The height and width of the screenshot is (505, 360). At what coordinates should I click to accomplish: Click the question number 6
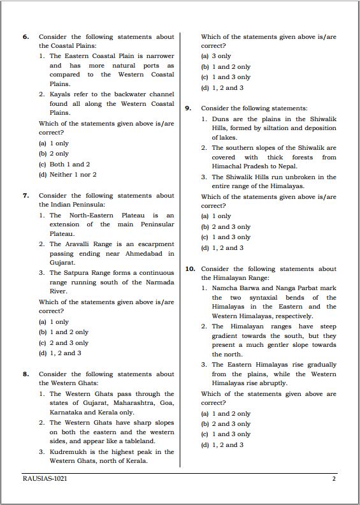coord(25,38)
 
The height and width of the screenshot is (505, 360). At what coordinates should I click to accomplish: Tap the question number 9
coord(188,108)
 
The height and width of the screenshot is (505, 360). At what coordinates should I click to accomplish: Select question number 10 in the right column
coord(190,269)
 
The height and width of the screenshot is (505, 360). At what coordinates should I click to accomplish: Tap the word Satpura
coord(78,272)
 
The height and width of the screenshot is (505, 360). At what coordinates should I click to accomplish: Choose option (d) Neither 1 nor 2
coord(68,174)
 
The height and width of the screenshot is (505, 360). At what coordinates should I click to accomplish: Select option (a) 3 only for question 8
coord(216,56)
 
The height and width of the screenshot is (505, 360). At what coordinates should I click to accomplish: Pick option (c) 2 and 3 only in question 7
coord(63,342)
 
